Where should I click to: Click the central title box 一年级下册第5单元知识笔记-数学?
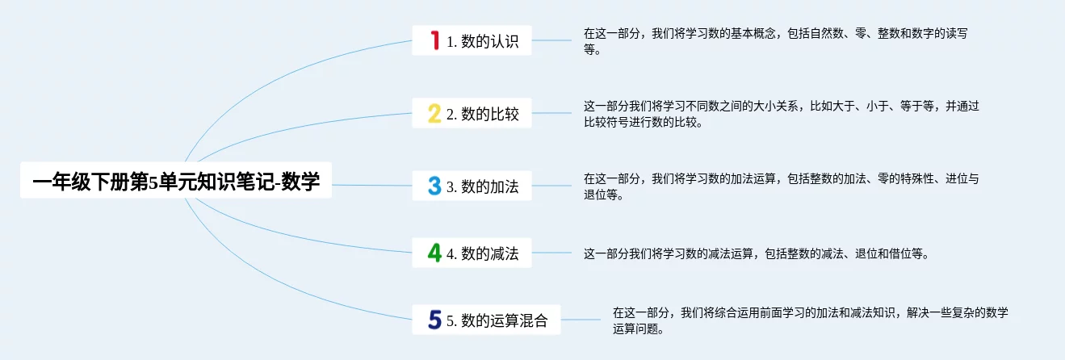[x=176, y=180]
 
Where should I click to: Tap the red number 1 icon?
[x=434, y=40]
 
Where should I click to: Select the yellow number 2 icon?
[x=434, y=114]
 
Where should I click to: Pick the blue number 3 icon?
[x=434, y=186]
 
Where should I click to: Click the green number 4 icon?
[x=434, y=253]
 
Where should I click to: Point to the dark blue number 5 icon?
[x=434, y=320]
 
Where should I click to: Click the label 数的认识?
[x=490, y=41]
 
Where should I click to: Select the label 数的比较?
[x=490, y=114]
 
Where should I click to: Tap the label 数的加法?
[x=490, y=186]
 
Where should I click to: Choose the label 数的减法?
[x=490, y=253]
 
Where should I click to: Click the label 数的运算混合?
[x=505, y=320]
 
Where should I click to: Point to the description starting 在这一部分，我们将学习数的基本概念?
[x=775, y=41]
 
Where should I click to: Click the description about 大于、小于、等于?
[x=781, y=114]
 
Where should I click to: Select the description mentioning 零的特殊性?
[x=781, y=186]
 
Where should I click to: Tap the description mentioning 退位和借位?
[x=756, y=253]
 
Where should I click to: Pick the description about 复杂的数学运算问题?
[x=810, y=320]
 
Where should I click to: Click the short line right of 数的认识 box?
[x=551, y=40]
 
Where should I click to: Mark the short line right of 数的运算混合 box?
[x=581, y=320]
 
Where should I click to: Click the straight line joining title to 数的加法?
[x=371, y=185]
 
